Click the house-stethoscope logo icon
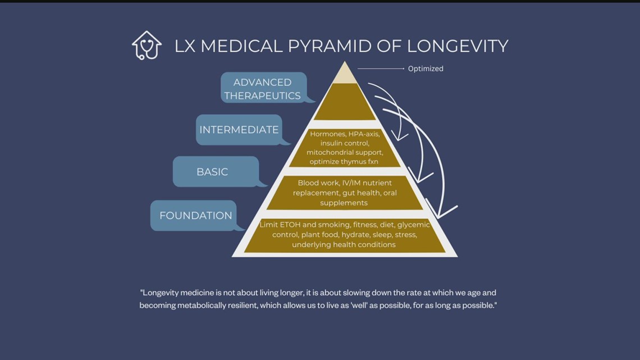tap(147, 45)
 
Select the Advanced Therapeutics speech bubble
tap(263, 88)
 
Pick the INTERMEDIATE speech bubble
tap(239, 130)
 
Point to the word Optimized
tap(426, 69)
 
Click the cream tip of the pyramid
tap(345, 74)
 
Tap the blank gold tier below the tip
tap(345, 102)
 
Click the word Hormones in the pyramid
tap(328, 134)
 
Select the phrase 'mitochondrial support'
tap(345, 152)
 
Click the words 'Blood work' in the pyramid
tap(317, 183)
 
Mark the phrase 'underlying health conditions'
tap(344, 244)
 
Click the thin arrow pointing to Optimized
tap(381, 69)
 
